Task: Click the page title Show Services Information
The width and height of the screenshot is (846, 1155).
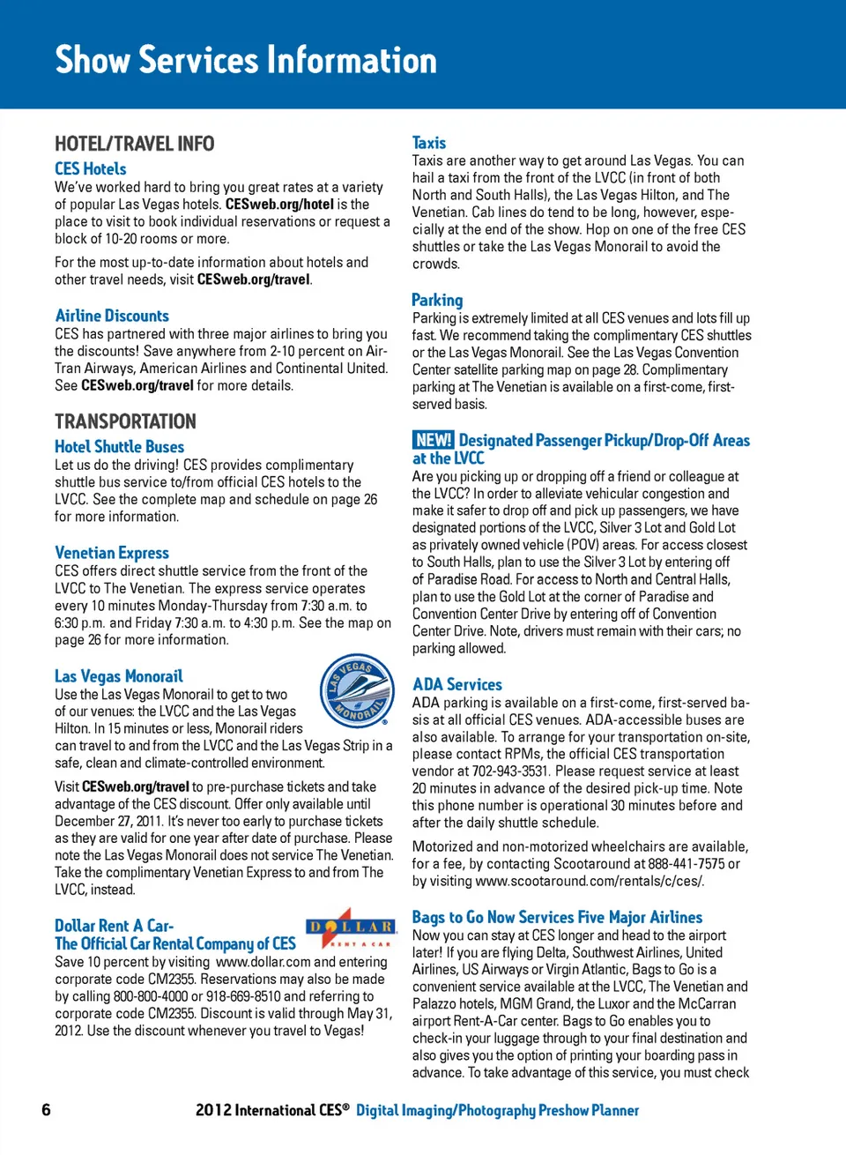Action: tap(246, 60)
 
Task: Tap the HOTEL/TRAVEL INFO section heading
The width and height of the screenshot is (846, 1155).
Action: tap(134, 144)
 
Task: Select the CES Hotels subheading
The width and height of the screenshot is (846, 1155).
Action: tap(90, 168)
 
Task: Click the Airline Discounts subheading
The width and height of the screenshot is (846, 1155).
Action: tap(112, 316)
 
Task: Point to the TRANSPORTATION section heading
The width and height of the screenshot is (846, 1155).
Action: tap(125, 421)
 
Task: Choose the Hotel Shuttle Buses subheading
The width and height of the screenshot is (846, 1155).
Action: tap(119, 447)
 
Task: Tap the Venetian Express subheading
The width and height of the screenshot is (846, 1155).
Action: tap(112, 553)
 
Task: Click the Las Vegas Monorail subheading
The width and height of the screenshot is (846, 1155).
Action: tap(119, 676)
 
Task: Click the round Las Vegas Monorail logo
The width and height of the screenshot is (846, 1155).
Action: tap(356, 690)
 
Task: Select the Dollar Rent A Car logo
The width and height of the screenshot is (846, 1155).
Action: tap(349, 928)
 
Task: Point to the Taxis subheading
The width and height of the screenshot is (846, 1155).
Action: tap(429, 143)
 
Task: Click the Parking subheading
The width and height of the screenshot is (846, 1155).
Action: tap(437, 300)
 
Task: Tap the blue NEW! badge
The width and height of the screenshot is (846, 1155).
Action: tap(433, 440)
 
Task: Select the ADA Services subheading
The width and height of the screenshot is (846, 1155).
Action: tap(457, 684)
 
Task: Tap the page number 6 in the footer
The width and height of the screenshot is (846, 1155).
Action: tap(46, 1110)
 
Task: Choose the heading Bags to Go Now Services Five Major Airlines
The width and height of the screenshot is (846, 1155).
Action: tap(557, 917)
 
